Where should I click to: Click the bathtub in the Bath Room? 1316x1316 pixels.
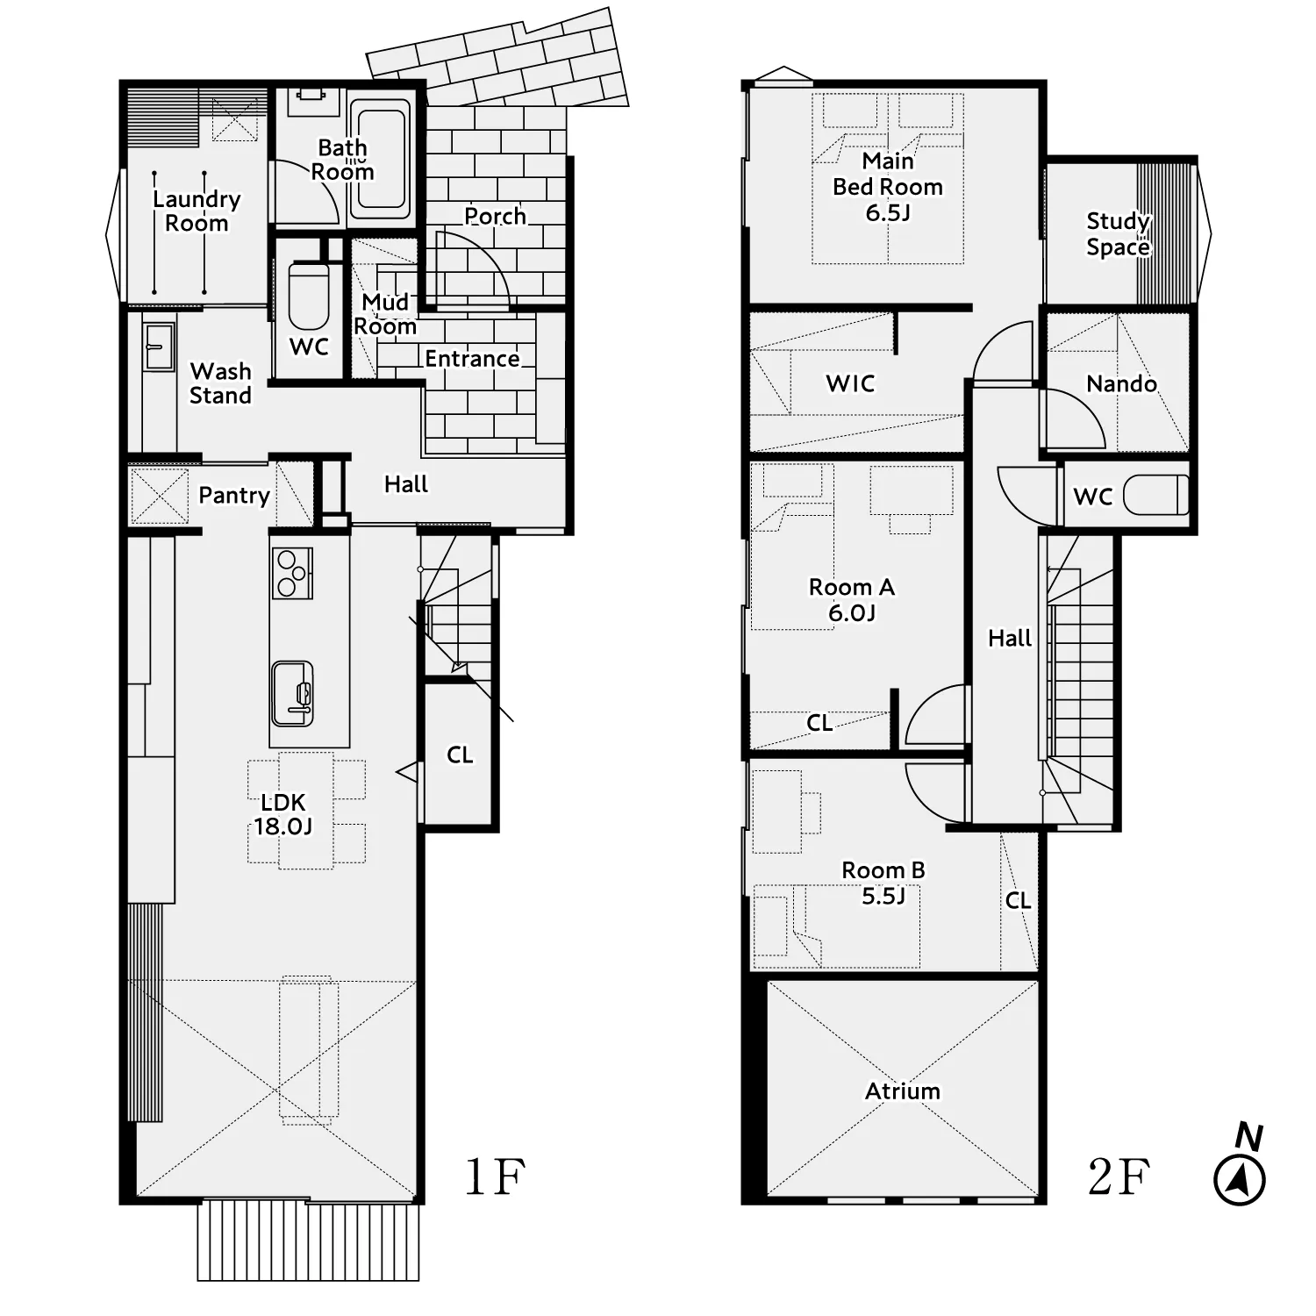point(381,159)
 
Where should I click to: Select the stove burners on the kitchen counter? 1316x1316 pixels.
point(292,573)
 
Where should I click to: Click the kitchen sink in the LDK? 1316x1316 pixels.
point(292,693)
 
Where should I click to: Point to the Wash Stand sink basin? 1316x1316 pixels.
point(159,347)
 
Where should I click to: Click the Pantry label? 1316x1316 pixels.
point(233,496)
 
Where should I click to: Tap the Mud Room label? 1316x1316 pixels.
point(385,314)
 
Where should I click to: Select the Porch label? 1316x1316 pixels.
point(495,216)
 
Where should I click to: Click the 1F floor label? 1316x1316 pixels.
point(495,1177)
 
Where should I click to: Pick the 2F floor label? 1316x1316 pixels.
point(1119,1177)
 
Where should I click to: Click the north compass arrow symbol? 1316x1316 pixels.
point(1240,1180)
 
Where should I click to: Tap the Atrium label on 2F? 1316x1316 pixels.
point(902,1091)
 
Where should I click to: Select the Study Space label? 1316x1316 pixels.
point(1118,233)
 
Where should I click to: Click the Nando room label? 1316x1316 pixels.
point(1121,383)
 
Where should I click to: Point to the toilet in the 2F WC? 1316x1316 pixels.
point(1156,496)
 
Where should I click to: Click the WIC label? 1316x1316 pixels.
point(850,383)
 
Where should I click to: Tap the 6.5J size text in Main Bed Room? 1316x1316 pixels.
point(888,212)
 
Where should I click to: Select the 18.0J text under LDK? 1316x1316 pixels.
point(283,826)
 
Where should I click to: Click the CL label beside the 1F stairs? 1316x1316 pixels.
point(460,755)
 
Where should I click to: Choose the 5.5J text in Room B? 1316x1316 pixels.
point(883,896)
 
